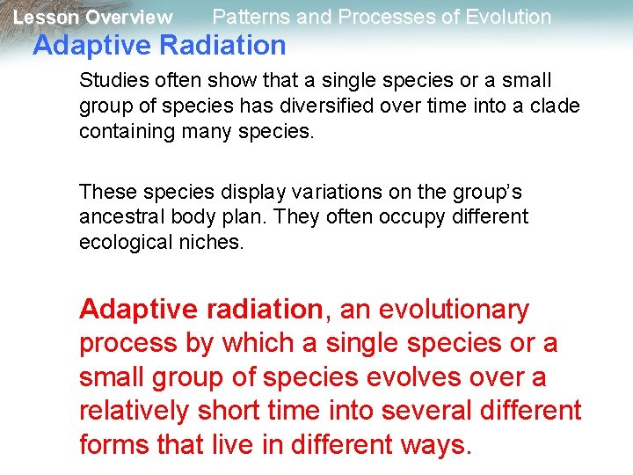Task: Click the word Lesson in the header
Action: (x=44, y=18)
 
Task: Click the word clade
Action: (x=556, y=106)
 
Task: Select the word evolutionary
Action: (x=454, y=310)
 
